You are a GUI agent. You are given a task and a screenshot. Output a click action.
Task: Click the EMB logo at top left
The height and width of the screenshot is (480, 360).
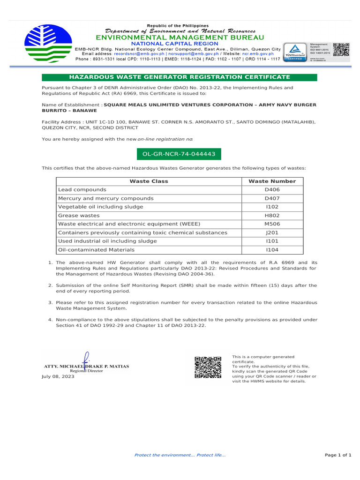coord(48,40)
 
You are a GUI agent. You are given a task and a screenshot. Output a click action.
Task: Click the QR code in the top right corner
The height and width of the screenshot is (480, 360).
coord(341,50)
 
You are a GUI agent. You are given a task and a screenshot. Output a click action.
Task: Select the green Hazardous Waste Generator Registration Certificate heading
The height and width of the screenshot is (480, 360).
coord(180,77)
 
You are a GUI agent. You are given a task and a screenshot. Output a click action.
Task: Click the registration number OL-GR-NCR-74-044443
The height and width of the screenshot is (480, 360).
coord(178,154)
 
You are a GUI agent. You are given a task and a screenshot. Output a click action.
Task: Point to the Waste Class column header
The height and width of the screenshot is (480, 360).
coord(149,181)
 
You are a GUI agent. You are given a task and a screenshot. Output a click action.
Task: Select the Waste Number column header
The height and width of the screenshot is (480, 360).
coord(272,181)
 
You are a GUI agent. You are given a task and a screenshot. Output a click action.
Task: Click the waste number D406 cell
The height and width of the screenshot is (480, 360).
coord(272,190)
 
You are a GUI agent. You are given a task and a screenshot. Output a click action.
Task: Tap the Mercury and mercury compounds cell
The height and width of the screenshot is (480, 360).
coord(105,198)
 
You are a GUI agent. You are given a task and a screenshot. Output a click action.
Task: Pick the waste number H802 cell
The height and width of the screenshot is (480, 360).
coord(272,216)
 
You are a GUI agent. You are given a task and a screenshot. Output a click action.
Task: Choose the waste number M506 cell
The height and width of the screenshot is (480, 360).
coord(272,224)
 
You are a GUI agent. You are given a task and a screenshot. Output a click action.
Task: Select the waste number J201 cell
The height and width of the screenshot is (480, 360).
coord(272,232)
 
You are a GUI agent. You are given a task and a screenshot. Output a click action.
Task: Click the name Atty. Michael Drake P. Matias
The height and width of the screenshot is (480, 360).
coord(86,366)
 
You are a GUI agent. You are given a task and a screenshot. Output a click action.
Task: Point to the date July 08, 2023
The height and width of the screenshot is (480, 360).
coord(58,376)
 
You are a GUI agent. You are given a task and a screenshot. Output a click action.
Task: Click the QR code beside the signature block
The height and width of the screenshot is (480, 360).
coord(208,367)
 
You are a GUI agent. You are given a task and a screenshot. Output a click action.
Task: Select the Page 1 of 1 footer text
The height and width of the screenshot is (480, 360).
coord(337,455)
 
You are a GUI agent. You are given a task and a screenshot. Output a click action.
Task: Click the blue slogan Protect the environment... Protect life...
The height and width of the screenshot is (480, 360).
coord(180,455)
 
